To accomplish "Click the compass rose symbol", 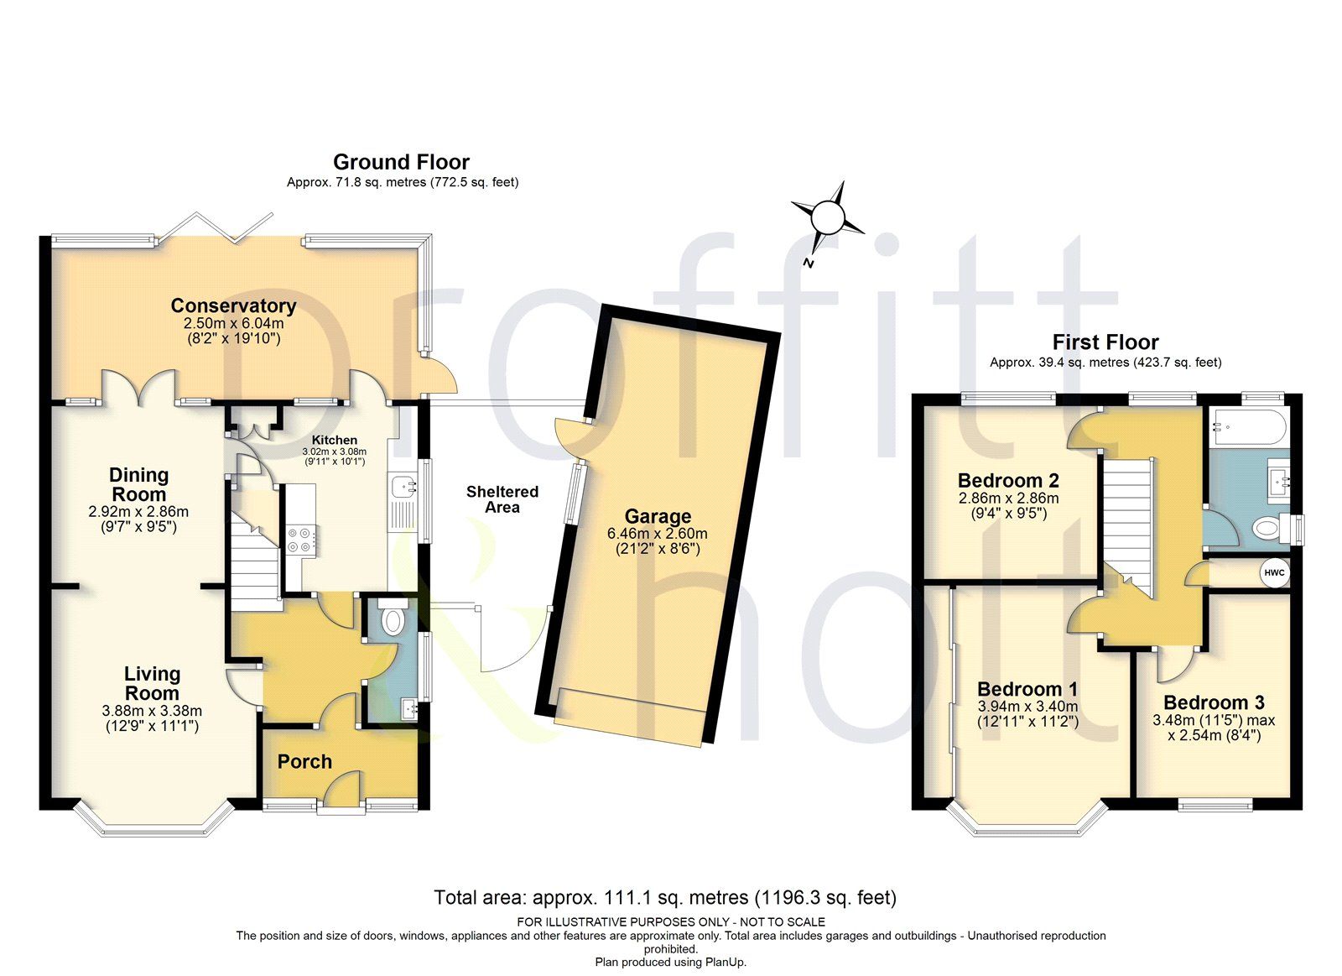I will (x=828, y=218).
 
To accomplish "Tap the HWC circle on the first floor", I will (x=1274, y=572).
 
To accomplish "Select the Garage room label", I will (x=658, y=516).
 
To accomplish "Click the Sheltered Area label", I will (x=502, y=499).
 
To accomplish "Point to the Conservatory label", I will (x=233, y=305).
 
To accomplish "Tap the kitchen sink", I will (x=405, y=485).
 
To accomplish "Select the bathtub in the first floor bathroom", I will (x=1248, y=427).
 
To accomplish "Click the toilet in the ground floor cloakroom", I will (x=392, y=619).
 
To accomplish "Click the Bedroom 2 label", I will (x=1008, y=481).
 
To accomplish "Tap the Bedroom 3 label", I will (x=1214, y=702).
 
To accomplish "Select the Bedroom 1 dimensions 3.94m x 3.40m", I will (x=1027, y=707).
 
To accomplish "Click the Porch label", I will (x=304, y=761).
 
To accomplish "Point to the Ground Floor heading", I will (x=401, y=162).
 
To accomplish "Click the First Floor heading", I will (x=1105, y=342).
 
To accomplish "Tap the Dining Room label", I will (x=139, y=484).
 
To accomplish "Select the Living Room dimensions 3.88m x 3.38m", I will (x=152, y=711).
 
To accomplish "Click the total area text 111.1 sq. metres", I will (x=665, y=897).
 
